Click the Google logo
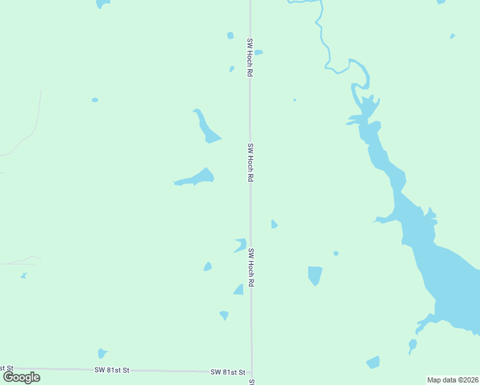click(22, 377)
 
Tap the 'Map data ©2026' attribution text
click(452, 380)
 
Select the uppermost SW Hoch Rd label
click(249, 57)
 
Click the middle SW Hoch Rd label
click(250, 162)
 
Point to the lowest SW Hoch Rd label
click(252, 268)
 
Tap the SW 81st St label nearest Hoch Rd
click(228, 372)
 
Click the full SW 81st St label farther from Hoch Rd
click(112, 370)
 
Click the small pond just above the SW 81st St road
click(101, 354)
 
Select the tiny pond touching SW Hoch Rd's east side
click(258, 53)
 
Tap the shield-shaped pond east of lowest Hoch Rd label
click(314, 275)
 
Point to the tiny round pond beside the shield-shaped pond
click(336, 253)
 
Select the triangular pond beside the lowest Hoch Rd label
click(239, 290)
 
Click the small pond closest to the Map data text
click(373, 363)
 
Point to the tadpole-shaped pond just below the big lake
click(413, 346)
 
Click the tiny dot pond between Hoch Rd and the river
click(295, 99)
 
